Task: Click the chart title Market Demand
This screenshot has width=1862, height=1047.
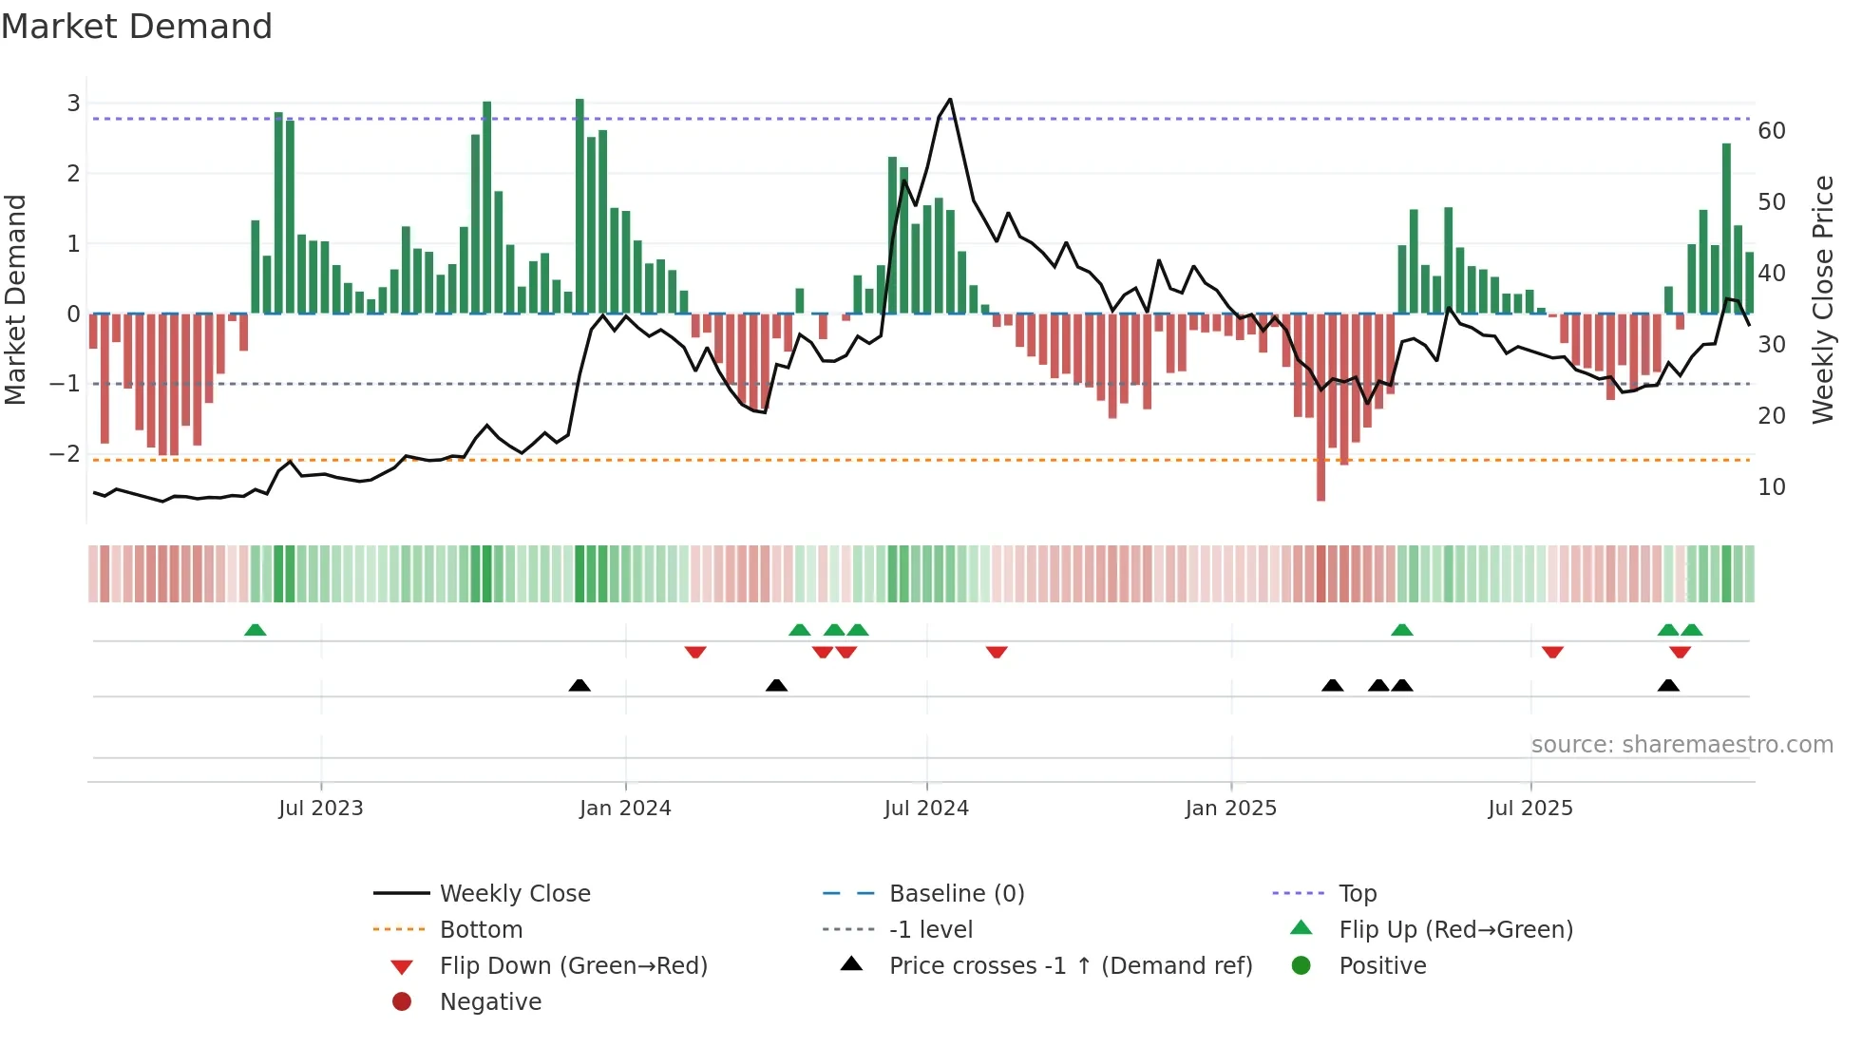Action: point(137,27)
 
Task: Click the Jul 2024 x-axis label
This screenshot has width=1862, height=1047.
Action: point(926,809)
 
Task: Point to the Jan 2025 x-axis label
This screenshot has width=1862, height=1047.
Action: point(1230,809)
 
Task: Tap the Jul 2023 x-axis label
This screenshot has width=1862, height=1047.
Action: point(320,809)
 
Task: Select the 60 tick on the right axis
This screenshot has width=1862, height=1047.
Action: point(1771,131)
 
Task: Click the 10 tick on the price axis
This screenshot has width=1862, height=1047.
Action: point(1771,487)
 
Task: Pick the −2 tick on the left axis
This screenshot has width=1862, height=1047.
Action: point(66,454)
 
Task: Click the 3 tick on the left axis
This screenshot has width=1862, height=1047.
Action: point(73,103)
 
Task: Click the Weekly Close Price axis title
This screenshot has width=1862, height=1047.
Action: point(1822,299)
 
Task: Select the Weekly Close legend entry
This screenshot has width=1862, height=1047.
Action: point(515,894)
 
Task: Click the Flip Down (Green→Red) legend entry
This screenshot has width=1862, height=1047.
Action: point(573,966)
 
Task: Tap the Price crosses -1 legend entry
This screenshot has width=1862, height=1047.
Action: point(1071,966)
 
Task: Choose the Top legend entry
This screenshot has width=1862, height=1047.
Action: point(1358,894)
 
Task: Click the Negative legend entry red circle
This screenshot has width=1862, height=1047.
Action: point(402,1002)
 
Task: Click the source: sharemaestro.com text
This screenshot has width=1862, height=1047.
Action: point(1681,745)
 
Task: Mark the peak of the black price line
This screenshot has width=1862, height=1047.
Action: point(950,100)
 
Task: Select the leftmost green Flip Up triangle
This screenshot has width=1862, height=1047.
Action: point(255,630)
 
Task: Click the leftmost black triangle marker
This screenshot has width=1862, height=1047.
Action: point(579,685)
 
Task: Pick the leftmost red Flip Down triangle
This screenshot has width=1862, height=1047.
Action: point(695,652)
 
